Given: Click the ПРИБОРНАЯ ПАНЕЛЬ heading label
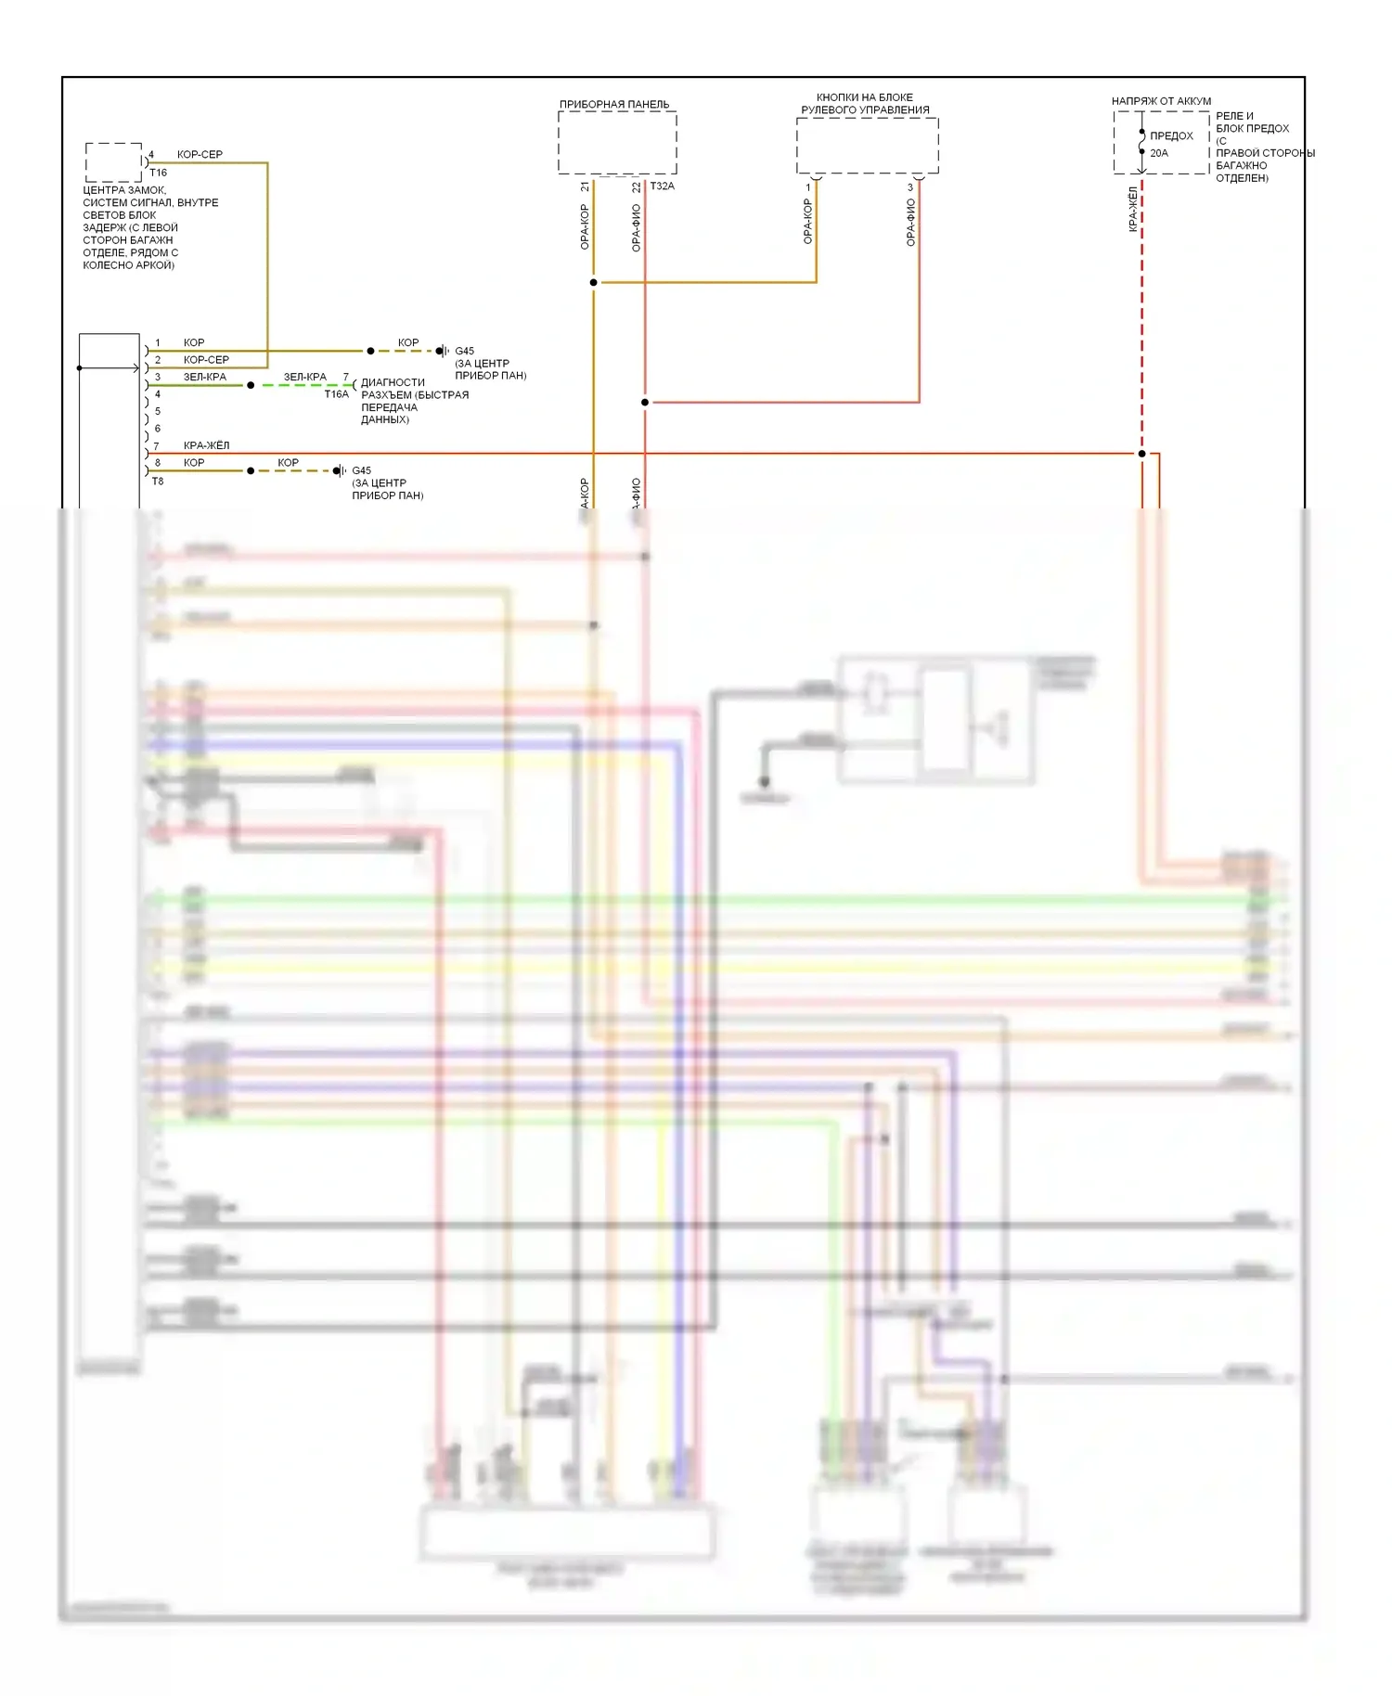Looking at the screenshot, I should coord(613,104).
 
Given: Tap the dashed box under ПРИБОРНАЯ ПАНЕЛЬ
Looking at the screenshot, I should coord(617,143).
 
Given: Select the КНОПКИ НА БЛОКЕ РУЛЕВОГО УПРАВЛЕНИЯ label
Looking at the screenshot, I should coord(865,103).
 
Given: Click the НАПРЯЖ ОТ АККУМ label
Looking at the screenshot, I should coord(1161,101).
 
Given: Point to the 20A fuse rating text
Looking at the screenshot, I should coord(1159,153).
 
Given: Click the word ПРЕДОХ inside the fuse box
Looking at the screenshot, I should coord(1171,135).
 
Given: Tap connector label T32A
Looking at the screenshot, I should coord(662,186).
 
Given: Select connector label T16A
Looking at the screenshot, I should coord(336,394).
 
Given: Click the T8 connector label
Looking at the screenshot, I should coord(158,481).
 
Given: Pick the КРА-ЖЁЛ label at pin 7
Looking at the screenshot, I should coord(206,445).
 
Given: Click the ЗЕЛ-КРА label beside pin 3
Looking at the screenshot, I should coord(204,377).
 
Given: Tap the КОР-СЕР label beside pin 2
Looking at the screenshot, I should coord(206,359).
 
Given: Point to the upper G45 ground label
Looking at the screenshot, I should coord(464,351).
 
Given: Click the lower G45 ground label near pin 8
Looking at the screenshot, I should coord(361,470).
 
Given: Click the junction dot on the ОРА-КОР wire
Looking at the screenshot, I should coord(593,282).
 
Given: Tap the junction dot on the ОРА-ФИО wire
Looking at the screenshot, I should coord(645,402).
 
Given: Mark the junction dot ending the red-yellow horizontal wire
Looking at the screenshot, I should coord(1141,454).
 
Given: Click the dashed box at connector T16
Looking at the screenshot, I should coord(113,162).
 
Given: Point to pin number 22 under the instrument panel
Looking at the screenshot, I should coord(636,186).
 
